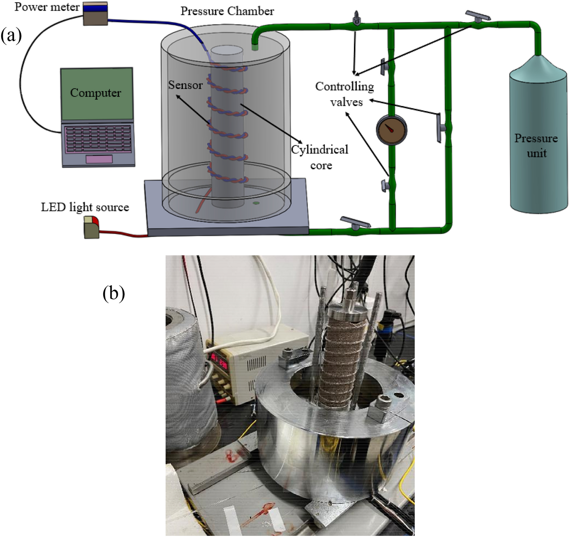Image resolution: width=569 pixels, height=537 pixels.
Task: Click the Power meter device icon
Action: pos(95,14)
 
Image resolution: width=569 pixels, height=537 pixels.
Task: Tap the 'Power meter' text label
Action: pos(47,7)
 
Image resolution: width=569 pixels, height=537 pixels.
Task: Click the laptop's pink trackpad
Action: pos(99,159)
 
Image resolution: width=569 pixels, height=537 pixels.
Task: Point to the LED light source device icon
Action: pos(91,227)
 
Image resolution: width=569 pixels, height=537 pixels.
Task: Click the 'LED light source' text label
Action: pos(85,207)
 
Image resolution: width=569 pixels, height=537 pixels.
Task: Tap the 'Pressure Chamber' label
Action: pos(227,11)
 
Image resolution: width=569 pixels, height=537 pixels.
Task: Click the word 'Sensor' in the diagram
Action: pos(185,85)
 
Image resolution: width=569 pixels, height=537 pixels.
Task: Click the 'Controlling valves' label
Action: pos(345,94)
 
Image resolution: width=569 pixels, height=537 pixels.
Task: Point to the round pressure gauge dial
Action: pos(391,130)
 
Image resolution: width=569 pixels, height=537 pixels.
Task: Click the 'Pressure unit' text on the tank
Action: pos(536,145)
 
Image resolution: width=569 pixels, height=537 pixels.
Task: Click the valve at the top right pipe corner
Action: pos(478,17)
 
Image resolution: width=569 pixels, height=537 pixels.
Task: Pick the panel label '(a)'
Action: pos(11,36)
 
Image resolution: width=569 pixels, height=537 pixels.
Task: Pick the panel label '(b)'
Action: pos(113,293)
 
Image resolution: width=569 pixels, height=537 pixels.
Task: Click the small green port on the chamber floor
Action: pos(256,203)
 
